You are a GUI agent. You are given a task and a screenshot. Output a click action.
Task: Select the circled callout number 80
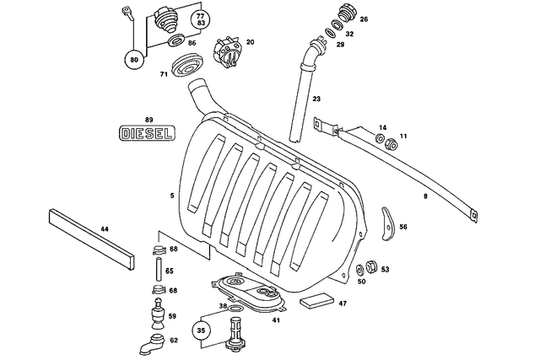click(133, 60)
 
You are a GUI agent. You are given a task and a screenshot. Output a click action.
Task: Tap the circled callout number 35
click(201, 331)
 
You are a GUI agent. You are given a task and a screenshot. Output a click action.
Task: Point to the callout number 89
click(148, 121)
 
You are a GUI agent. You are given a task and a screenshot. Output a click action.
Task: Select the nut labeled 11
click(391, 145)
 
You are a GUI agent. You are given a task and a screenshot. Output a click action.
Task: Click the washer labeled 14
click(379, 138)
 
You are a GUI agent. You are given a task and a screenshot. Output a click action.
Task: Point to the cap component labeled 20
click(227, 51)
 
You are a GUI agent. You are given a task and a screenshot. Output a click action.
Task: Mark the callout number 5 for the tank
click(172, 196)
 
